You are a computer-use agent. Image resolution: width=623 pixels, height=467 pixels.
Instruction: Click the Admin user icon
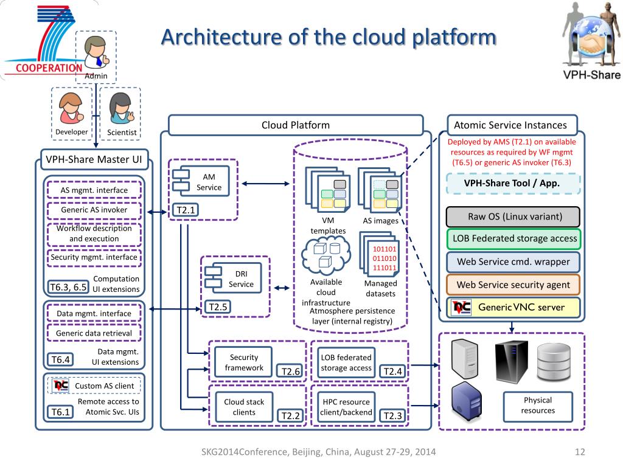[x=96, y=52]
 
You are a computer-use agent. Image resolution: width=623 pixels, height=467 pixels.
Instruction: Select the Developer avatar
[x=71, y=108]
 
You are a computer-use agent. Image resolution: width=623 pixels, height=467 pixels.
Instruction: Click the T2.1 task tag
[x=186, y=210]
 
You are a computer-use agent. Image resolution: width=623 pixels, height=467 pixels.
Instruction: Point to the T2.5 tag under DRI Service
[x=218, y=307]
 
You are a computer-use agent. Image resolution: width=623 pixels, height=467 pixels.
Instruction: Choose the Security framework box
[x=243, y=362]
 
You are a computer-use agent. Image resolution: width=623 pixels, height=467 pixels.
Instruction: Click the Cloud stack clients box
[x=244, y=407]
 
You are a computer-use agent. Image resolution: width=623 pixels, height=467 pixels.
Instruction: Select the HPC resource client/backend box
[x=346, y=407]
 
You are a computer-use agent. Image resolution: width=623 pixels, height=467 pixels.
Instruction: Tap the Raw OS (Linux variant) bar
[x=513, y=217]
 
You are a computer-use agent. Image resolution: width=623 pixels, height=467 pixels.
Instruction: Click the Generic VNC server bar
[x=513, y=307]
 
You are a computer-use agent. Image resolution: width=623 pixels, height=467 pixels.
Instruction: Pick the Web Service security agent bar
[x=513, y=285]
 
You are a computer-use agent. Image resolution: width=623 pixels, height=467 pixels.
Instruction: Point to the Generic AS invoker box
[x=94, y=210]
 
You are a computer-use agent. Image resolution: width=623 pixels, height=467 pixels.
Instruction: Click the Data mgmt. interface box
[x=94, y=313]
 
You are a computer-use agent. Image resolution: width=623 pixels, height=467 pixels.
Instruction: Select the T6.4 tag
[x=60, y=360]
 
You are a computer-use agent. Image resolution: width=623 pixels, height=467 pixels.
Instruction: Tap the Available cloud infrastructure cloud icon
[x=326, y=255]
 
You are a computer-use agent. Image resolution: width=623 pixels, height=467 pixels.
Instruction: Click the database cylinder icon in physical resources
[x=554, y=361]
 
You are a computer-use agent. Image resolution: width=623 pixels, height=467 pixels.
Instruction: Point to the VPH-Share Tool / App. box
[x=513, y=184]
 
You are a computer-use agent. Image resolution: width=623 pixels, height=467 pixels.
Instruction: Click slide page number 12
[x=580, y=452]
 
